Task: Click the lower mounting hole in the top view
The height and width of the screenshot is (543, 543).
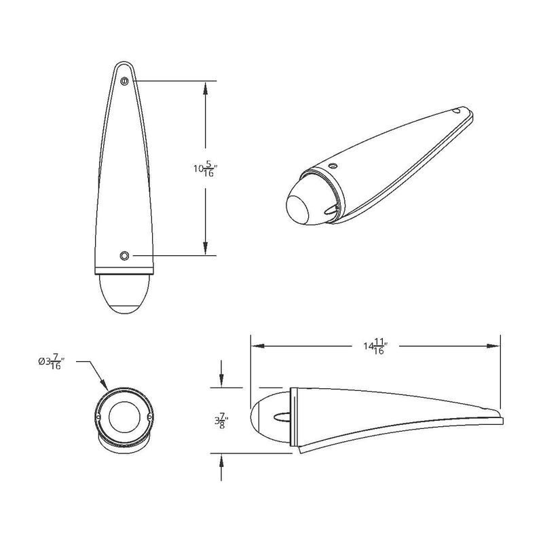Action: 124,255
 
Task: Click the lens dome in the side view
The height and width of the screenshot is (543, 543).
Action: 265,416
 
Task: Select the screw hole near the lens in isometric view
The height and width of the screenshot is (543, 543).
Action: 333,165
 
